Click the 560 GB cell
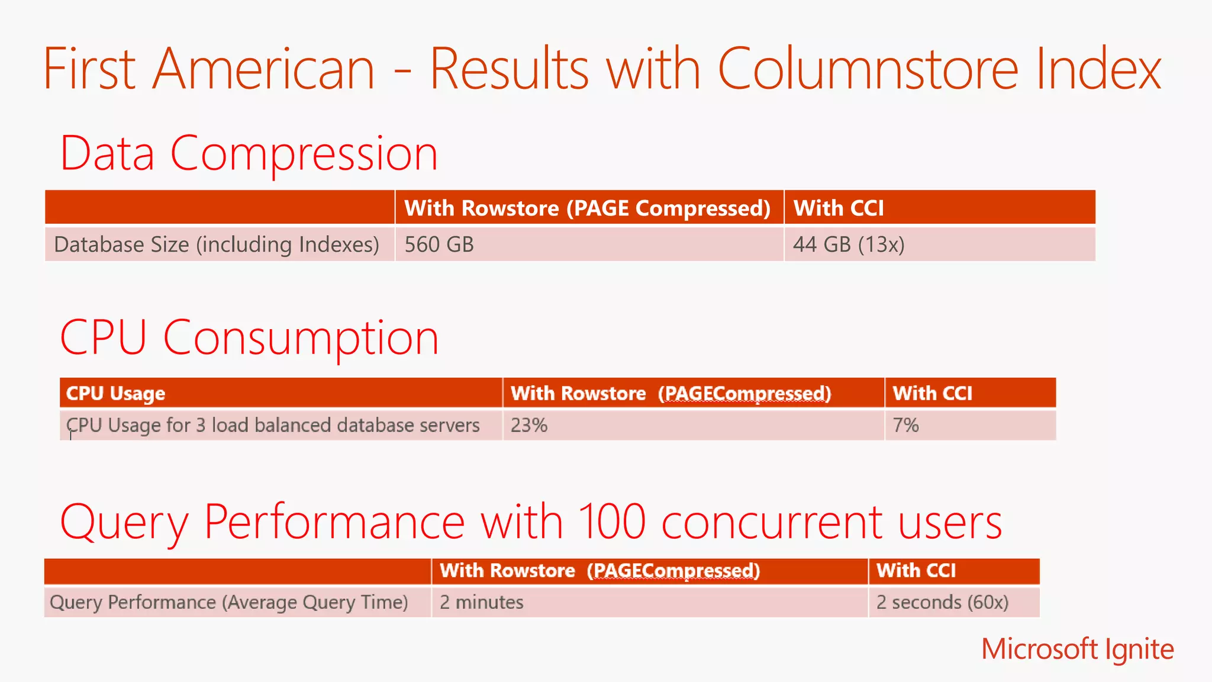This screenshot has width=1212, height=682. coord(439,245)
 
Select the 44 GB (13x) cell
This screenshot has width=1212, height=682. coord(849,245)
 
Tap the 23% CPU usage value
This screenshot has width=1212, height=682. coord(529,425)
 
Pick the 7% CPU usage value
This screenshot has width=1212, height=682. coord(905,425)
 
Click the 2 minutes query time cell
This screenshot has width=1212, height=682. coord(481,602)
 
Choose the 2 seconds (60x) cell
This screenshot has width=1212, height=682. coord(942,602)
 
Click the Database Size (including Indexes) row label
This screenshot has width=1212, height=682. coord(217,245)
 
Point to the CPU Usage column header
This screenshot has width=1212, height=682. coord(115,393)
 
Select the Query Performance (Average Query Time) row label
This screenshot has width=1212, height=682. coord(229,602)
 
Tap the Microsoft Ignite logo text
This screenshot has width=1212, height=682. coord(1077,649)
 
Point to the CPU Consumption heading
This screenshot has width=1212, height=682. coord(249,337)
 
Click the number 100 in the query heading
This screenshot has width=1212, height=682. coord(611,522)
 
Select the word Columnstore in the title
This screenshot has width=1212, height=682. coord(868,69)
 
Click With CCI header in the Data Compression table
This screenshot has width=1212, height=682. coord(839,208)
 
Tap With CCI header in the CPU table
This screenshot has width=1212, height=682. coord(932,393)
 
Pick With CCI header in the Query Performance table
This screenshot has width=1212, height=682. coord(916,570)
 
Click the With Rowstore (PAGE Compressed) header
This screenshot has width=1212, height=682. coord(587,208)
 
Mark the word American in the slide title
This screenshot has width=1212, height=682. coord(264,69)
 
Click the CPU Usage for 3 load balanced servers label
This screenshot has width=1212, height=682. coord(273,425)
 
